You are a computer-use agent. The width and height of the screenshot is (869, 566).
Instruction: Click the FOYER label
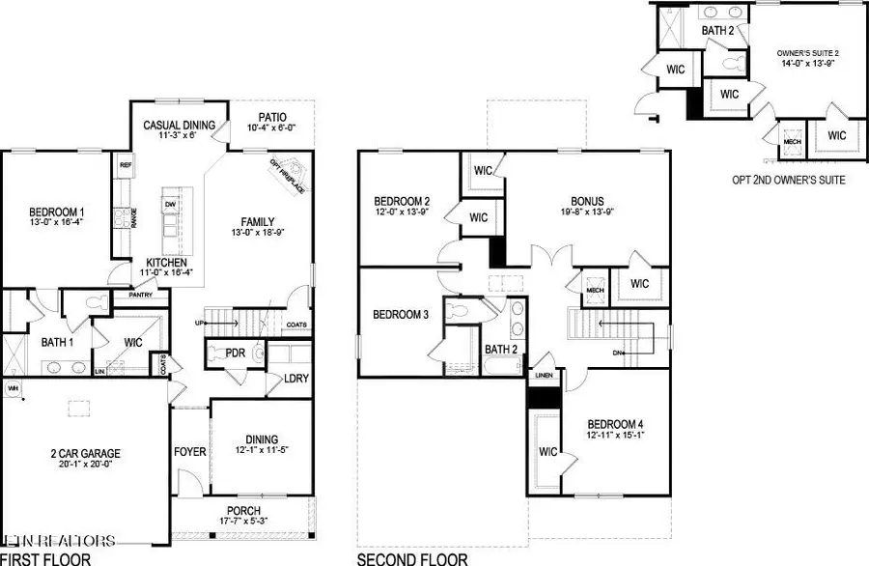click(x=188, y=450)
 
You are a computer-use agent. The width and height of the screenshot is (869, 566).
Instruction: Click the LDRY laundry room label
click(x=296, y=379)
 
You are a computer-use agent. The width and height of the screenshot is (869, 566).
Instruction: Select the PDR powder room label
click(x=235, y=354)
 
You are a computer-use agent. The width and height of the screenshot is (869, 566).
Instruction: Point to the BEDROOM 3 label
click(x=401, y=314)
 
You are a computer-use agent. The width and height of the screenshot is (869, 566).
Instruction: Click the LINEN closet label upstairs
click(x=545, y=376)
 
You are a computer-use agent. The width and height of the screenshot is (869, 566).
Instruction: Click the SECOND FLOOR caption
click(x=412, y=559)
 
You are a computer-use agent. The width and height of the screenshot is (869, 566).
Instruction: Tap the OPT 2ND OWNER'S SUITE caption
click(x=790, y=180)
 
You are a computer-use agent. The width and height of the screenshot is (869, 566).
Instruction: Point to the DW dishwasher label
click(x=170, y=205)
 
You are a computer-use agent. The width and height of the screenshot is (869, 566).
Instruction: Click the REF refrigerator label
click(x=126, y=165)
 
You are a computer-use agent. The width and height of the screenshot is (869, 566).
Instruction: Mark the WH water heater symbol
click(x=14, y=388)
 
